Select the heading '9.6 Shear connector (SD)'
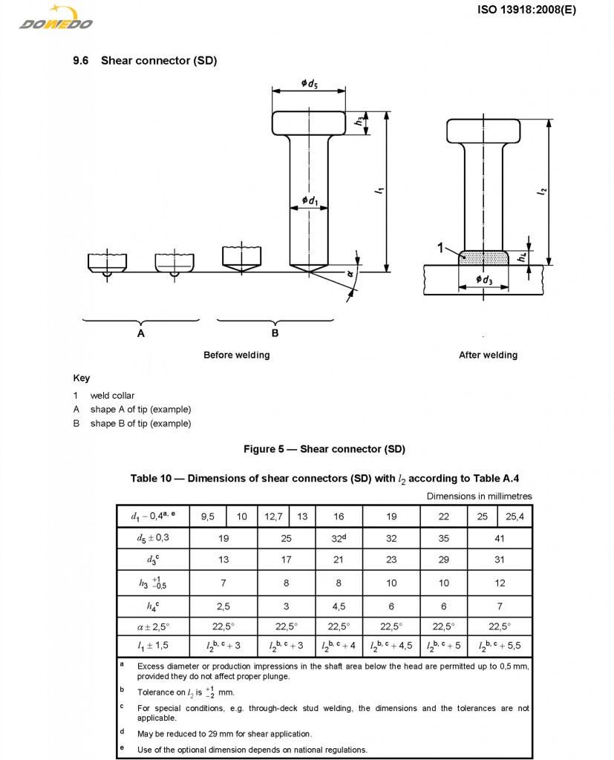[145, 60]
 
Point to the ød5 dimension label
[310, 84]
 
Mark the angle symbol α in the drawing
[350, 273]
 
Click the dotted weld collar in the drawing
[484, 257]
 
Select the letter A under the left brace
[141, 333]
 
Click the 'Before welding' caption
[236, 355]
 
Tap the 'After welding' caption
[488, 355]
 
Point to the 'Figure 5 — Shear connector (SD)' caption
[324, 449]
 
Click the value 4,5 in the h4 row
[339, 605]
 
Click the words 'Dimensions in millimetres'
[479, 496]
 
